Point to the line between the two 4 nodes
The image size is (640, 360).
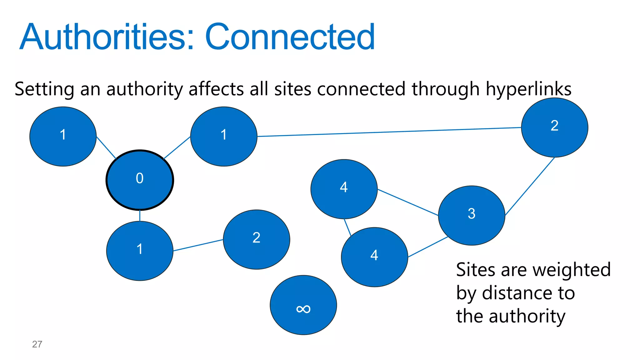(x=347, y=227)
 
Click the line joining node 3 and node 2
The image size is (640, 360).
(x=530, y=187)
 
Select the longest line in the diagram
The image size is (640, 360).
(x=389, y=132)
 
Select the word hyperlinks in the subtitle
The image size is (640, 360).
(x=529, y=89)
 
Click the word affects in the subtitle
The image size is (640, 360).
(x=216, y=89)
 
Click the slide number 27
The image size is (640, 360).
(x=37, y=344)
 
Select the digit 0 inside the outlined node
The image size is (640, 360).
(x=140, y=178)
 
